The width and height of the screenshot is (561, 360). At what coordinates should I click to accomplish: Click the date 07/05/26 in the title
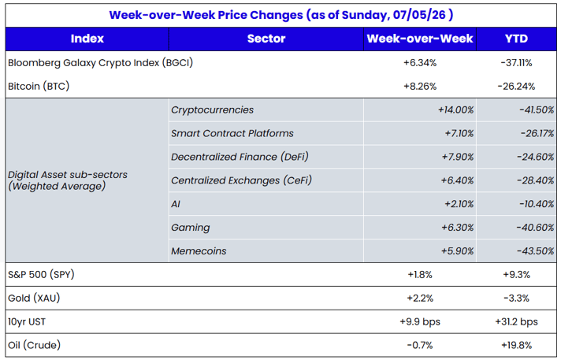[x=419, y=15]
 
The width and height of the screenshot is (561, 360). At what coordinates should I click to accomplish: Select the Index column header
[x=87, y=39]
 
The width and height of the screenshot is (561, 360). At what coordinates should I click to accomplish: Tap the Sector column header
[x=266, y=39]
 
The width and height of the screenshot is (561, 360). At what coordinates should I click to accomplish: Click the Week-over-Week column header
[x=420, y=39]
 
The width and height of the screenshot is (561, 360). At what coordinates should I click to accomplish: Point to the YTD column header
[x=516, y=39]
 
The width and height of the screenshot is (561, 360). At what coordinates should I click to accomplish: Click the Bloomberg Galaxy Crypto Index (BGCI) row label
[x=101, y=63]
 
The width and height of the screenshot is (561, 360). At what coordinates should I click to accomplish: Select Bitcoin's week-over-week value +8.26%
[x=420, y=87]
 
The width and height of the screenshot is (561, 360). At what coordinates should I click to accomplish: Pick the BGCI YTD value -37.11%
[x=516, y=63]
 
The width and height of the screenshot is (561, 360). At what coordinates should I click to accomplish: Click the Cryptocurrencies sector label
[x=212, y=109]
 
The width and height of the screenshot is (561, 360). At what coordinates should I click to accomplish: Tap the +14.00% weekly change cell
[x=455, y=109]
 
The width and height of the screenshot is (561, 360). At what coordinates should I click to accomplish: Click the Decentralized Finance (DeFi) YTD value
[x=535, y=157]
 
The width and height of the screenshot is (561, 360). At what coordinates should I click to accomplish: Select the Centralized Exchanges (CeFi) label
[x=242, y=180]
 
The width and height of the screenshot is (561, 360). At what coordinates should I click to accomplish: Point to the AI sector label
[x=176, y=204]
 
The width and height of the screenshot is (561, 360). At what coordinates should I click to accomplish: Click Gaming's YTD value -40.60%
[x=535, y=228]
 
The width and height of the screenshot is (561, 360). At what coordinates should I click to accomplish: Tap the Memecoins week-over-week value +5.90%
[x=457, y=251]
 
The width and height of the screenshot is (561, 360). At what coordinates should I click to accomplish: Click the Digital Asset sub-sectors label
[x=68, y=180]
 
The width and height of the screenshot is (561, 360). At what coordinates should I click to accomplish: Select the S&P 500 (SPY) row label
[x=41, y=275]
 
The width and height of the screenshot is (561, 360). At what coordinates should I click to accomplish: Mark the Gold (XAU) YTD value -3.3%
[x=516, y=299]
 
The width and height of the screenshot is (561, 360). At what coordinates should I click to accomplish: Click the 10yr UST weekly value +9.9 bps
[x=420, y=322]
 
